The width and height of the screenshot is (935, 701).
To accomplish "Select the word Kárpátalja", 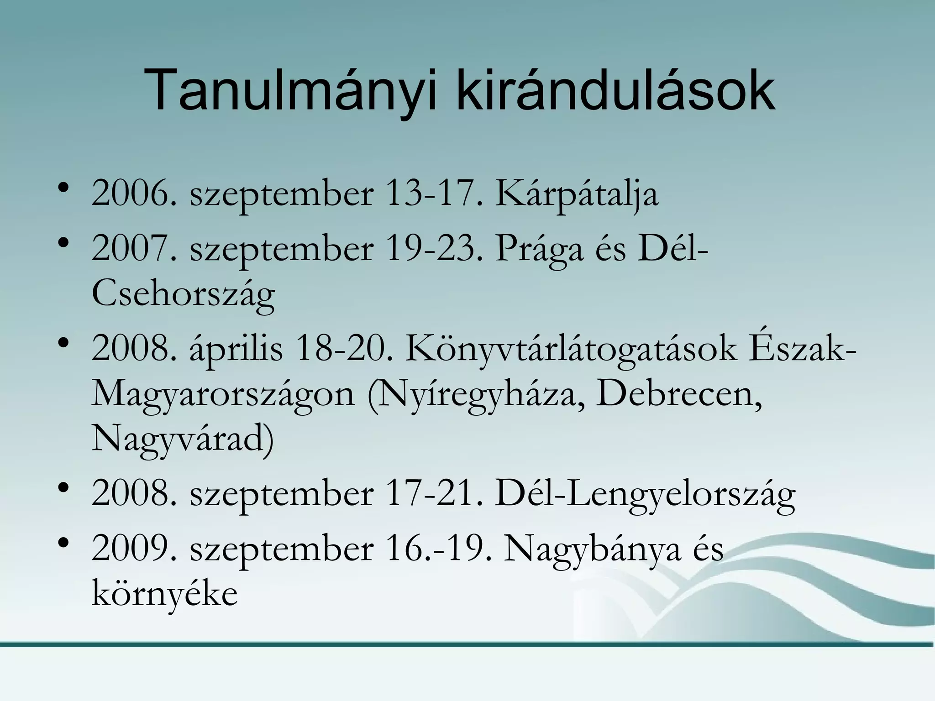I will pos(577,194).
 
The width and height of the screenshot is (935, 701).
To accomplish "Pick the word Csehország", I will pos(183,294).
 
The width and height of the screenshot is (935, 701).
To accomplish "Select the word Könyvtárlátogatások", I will pos(571,350).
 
